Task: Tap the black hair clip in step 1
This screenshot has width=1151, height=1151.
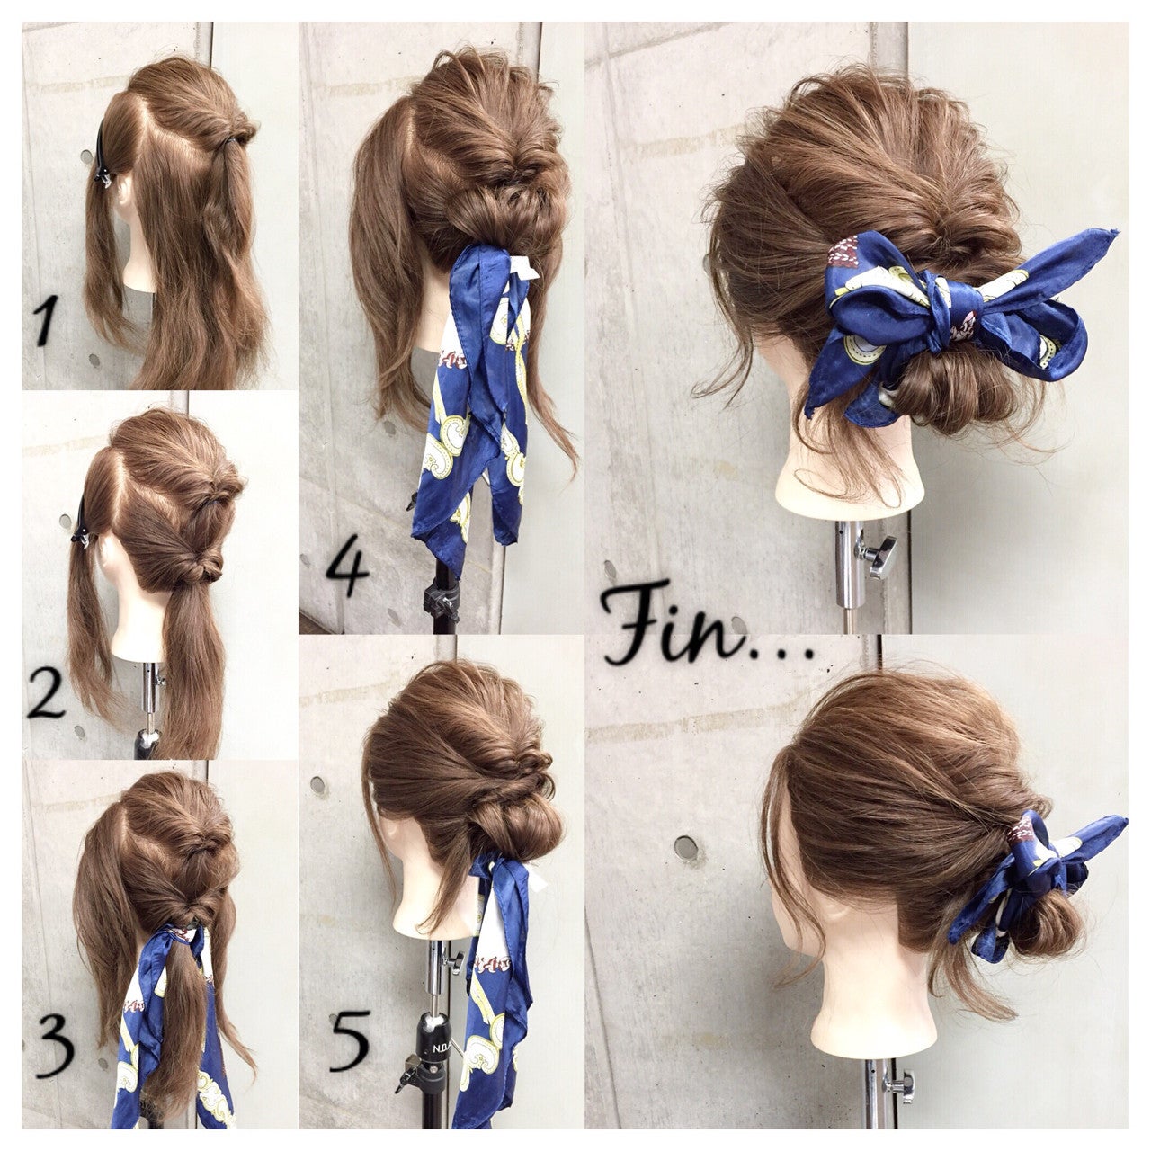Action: (x=106, y=158)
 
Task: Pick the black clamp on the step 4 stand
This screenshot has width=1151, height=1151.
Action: (x=441, y=600)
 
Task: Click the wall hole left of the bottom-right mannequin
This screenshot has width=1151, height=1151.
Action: (x=686, y=847)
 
